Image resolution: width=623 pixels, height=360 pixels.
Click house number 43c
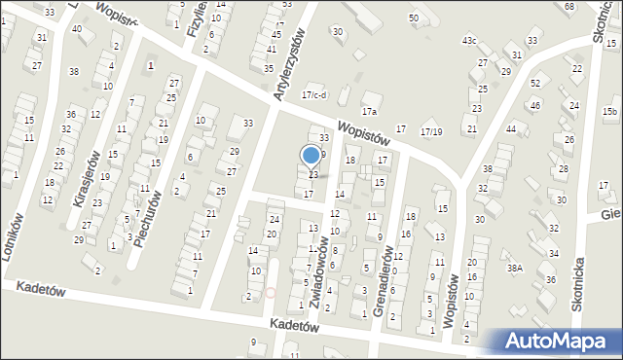[469, 40]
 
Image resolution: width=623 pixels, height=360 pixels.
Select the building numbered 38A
[515, 268]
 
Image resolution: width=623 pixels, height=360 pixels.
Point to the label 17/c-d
[314, 94]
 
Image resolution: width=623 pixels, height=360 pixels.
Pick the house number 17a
[369, 111]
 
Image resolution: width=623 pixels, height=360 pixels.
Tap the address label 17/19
[430, 131]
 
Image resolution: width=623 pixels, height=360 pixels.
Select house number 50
[414, 18]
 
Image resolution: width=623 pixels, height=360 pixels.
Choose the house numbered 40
[77, 29]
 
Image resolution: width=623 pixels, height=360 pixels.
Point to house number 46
[534, 105]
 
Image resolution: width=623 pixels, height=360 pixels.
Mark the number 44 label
[510, 129]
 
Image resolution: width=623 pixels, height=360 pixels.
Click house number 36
[551, 279]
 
